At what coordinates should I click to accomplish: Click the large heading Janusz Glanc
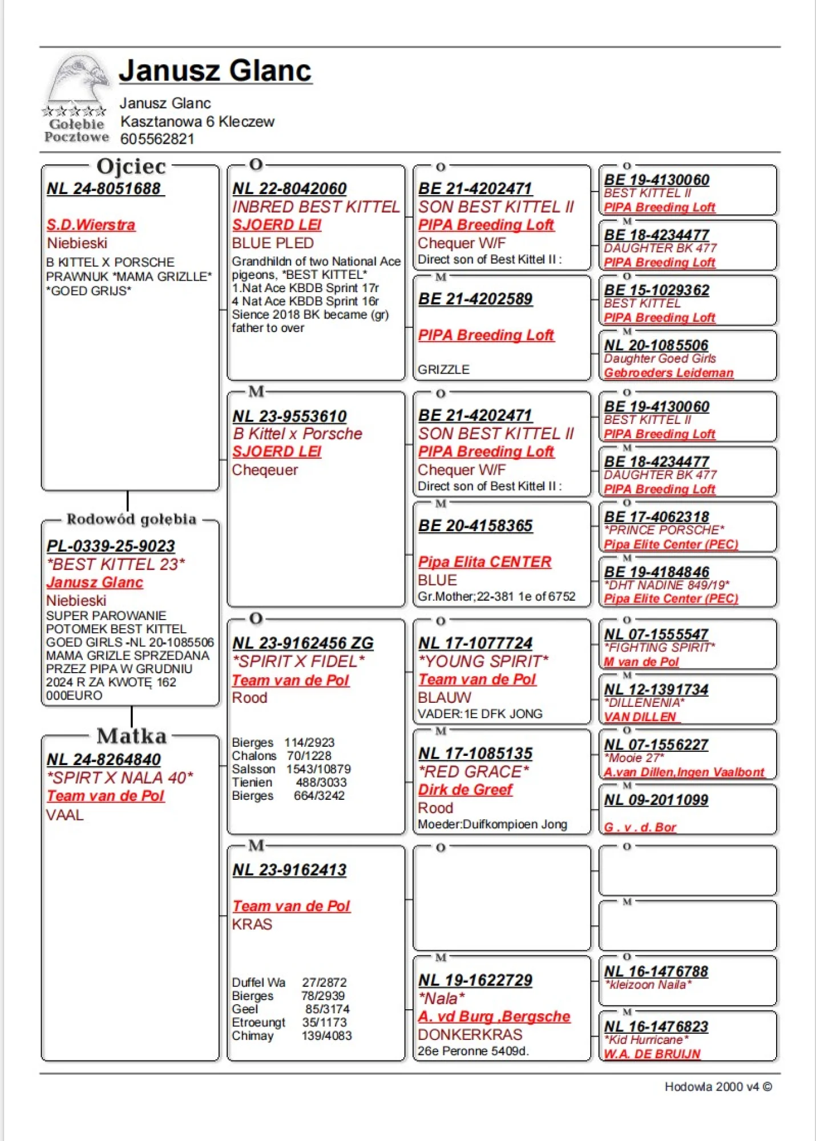[215, 71]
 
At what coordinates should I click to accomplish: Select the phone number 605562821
[157, 139]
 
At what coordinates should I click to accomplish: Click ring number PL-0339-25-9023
[111, 546]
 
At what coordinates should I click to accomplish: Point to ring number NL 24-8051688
[104, 189]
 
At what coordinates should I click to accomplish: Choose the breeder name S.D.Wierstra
[91, 225]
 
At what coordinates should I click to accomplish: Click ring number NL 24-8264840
[104, 759]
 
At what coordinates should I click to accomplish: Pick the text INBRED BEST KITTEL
[316, 207]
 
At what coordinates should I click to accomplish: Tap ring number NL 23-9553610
[289, 416]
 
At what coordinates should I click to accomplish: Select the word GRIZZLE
[443, 370]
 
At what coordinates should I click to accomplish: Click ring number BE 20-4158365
[475, 525]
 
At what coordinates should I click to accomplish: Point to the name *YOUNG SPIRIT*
[483, 661]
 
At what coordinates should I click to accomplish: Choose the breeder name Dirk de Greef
[465, 790]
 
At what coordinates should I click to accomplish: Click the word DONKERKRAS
[470, 1034]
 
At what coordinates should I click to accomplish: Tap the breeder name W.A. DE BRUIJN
[652, 1054]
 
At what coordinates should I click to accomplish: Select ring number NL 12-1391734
[656, 689]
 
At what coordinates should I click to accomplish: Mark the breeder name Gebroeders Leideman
[669, 373]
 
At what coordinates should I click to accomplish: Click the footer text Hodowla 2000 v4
[712, 1087]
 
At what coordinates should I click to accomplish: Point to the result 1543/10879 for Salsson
[318, 769]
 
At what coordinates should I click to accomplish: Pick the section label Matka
[131, 736]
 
